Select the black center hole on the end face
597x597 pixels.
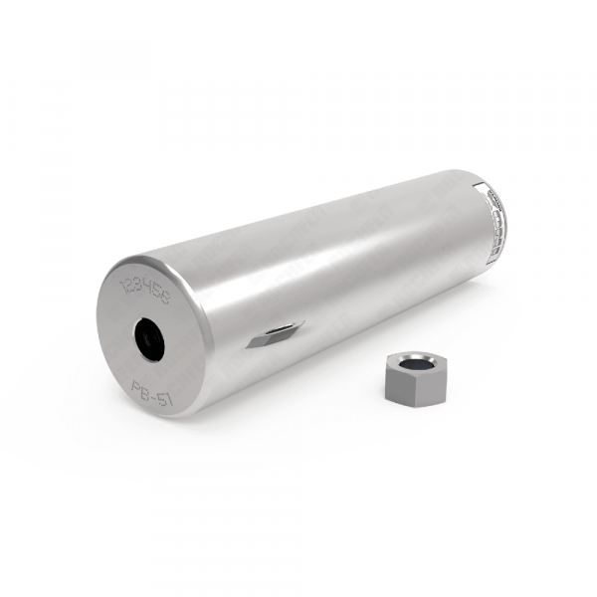coord(150,337)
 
